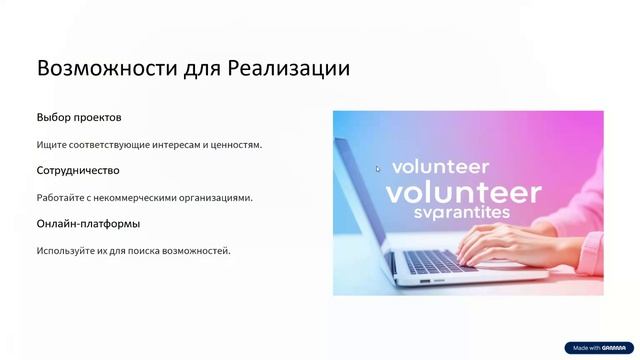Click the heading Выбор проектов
coord(79,118)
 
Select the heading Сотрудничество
coord(78,171)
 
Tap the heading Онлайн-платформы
coord(88,223)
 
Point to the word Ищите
coord(52,145)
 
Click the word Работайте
coord(61,198)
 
